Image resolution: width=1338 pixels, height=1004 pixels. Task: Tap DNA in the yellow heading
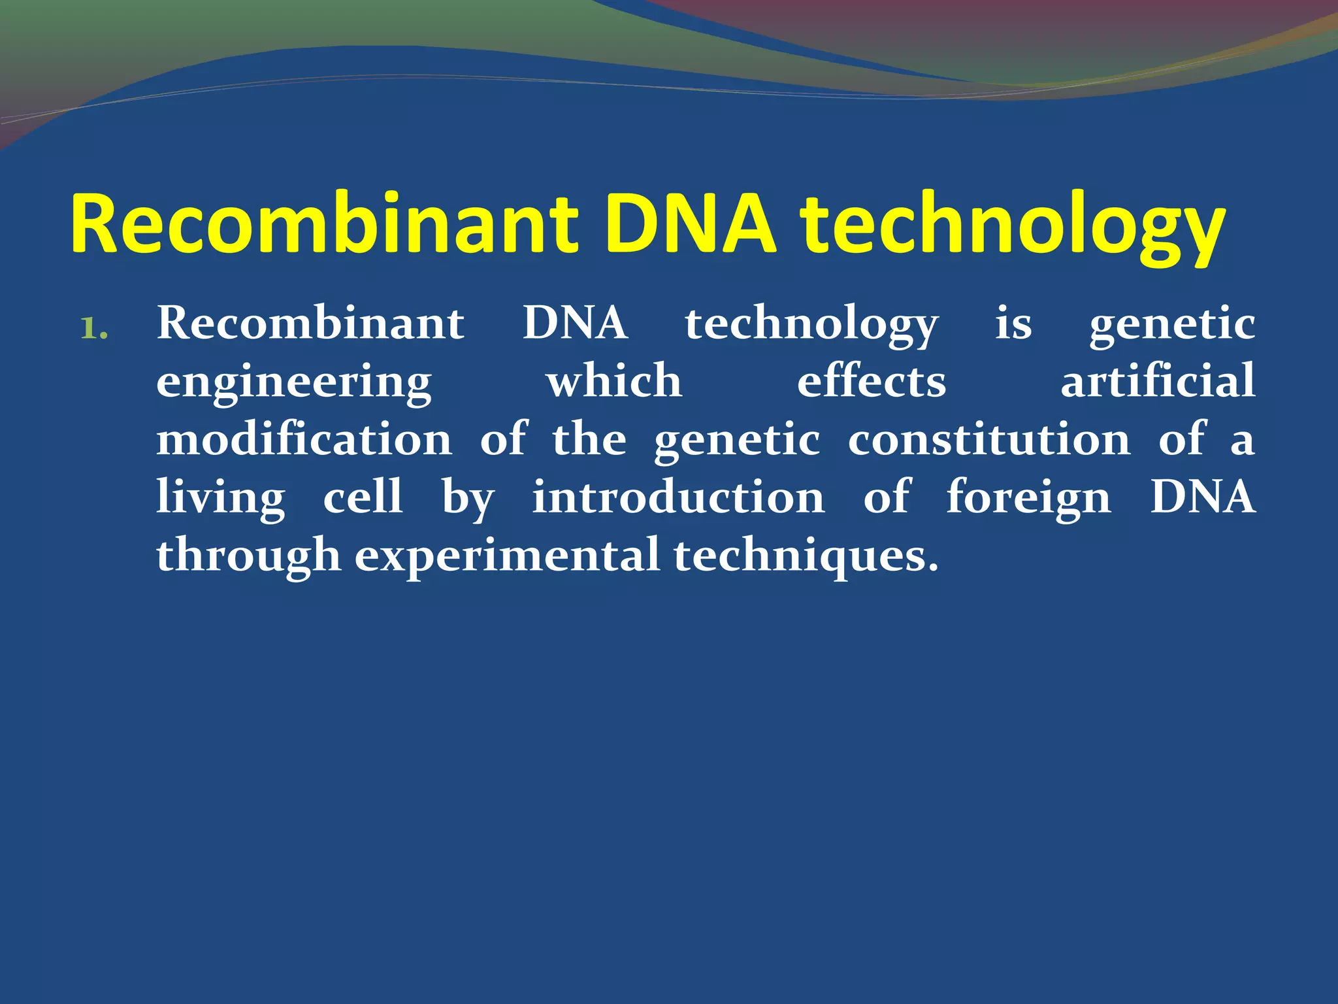[691, 224]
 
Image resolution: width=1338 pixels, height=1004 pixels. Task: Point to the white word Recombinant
[310, 324]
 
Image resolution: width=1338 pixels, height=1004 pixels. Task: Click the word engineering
[294, 382]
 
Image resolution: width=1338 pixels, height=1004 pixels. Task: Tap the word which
[614, 381]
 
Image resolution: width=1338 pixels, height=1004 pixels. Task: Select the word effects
[872, 381]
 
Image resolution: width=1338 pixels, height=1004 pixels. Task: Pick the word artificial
[1157, 381]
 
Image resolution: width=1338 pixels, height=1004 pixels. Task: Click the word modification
[304, 439]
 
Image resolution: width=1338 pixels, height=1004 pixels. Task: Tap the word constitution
[989, 439]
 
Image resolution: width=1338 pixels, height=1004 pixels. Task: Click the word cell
[363, 496]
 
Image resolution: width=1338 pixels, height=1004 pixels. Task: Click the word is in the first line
[1013, 324]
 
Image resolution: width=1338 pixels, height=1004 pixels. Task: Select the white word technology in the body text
[811, 325]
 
